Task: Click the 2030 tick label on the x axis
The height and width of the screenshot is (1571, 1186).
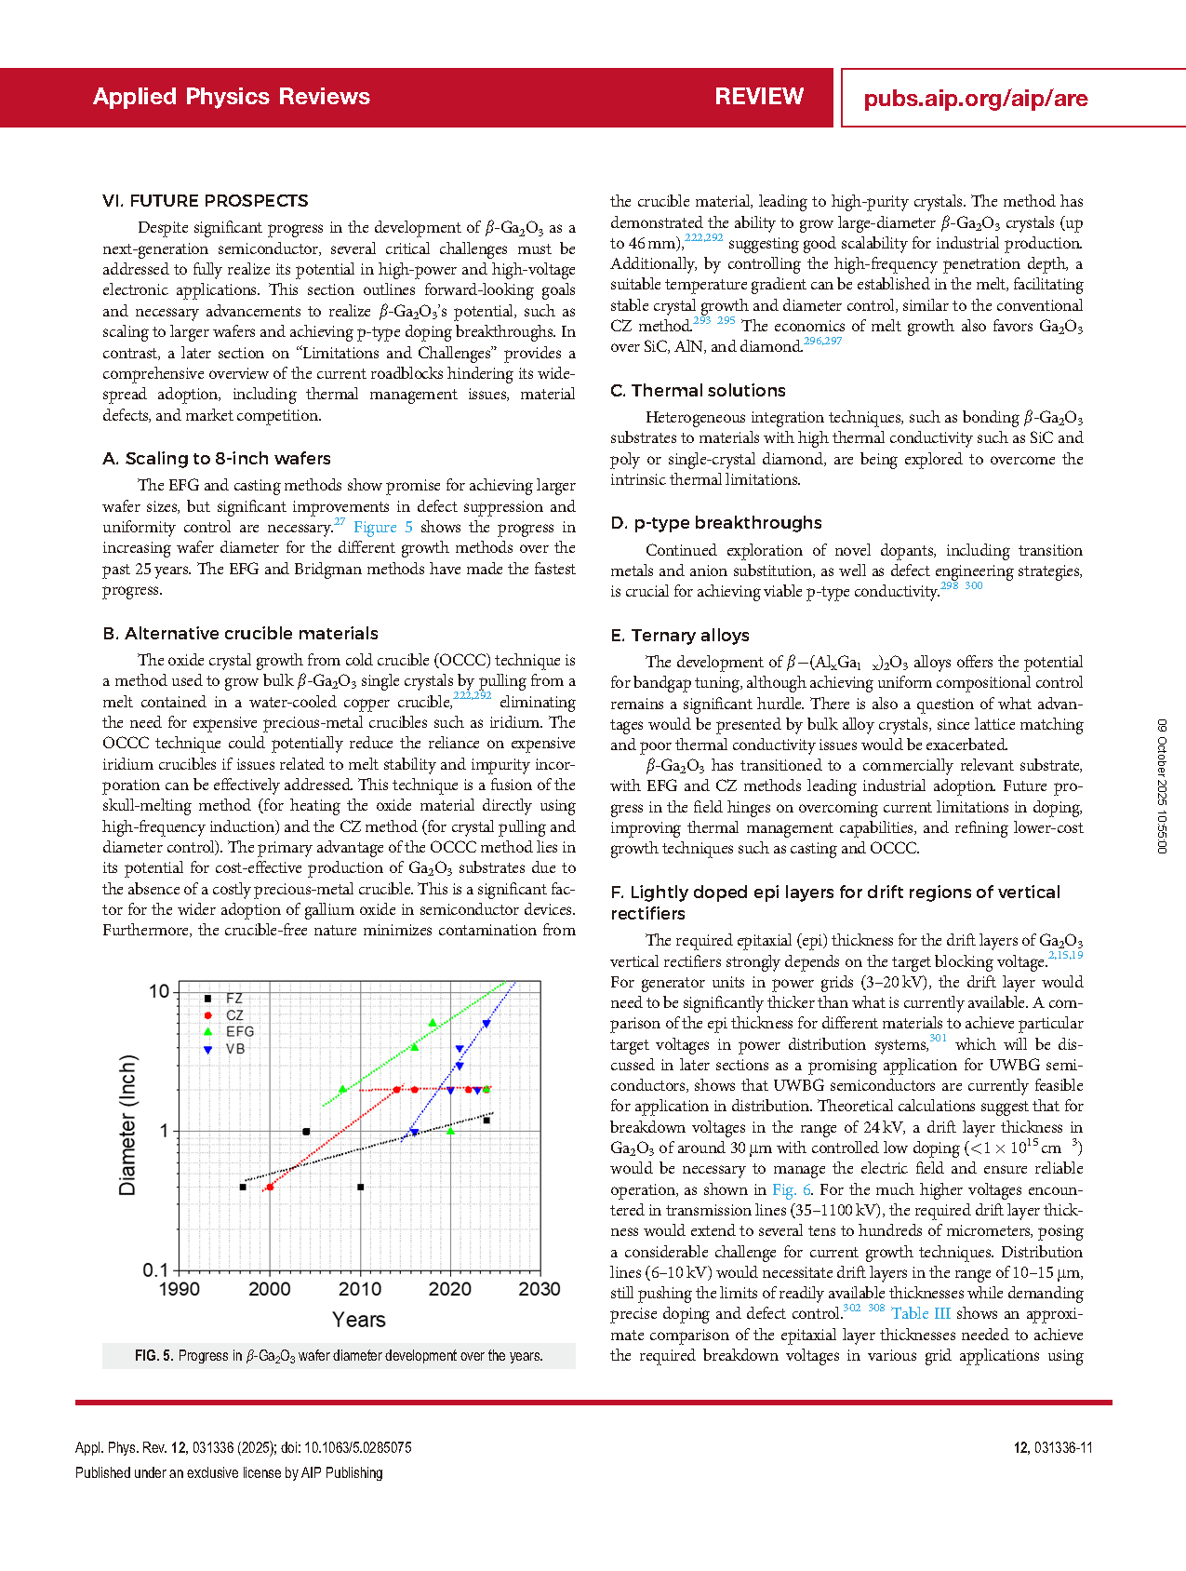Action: pyautogui.click(x=540, y=1289)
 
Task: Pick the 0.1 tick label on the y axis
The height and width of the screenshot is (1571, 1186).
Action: pyautogui.click(x=155, y=1270)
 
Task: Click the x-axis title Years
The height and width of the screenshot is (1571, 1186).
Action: pyautogui.click(x=359, y=1320)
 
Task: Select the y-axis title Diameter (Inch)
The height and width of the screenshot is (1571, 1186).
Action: pyautogui.click(x=127, y=1125)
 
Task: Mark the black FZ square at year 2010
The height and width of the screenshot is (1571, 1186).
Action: pyautogui.click(x=361, y=1187)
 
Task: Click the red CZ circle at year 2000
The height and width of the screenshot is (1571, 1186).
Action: pyautogui.click(x=270, y=1187)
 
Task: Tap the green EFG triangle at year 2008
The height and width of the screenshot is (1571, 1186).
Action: pyautogui.click(x=342, y=1089)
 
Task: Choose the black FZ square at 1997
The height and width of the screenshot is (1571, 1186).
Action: pyautogui.click(x=243, y=1187)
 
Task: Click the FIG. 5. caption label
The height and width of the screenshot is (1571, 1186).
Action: pyautogui.click(x=153, y=1356)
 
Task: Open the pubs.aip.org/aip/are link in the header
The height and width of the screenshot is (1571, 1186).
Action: pyautogui.click(x=975, y=99)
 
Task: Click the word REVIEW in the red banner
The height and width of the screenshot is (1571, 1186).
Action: pyautogui.click(x=759, y=97)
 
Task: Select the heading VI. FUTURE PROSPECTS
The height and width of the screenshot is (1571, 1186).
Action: pyautogui.click(x=206, y=201)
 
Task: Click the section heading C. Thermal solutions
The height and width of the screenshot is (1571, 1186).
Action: pyautogui.click(x=698, y=391)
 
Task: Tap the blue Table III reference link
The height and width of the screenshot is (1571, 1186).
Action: pyautogui.click(x=921, y=1313)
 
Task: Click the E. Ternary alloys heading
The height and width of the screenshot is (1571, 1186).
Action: pyautogui.click(x=680, y=636)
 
